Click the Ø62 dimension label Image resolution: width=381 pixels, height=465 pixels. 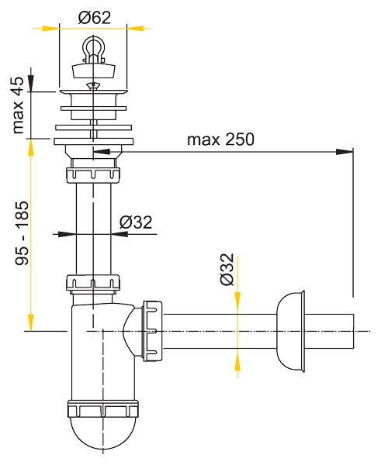click(x=95, y=18)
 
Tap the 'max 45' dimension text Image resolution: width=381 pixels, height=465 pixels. click(x=18, y=105)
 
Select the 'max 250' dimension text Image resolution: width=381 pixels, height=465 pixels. click(x=220, y=139)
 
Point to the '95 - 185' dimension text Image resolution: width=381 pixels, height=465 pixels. click(x=23, y=233)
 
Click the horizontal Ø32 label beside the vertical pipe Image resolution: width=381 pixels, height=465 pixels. click(x=136, y=222)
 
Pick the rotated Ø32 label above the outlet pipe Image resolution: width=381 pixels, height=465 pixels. click(x=227, y=269)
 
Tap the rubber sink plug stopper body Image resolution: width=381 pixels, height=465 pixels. click(x=94, y=71)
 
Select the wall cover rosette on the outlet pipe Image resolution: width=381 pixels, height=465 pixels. click(x=290, y=331)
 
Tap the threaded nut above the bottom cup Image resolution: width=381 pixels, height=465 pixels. click(x=102, y=409)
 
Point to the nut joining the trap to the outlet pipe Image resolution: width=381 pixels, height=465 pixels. click(x=153, y=331)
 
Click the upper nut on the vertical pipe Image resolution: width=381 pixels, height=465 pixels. click(x=93, y=175)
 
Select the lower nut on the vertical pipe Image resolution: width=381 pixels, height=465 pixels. click(x=93, y=283)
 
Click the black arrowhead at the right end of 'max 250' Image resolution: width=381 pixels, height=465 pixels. click(x=345, y=152)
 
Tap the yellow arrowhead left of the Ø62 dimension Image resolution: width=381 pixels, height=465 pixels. click(x=50, y=29)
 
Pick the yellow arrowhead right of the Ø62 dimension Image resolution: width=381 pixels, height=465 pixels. click(x=136, y=29)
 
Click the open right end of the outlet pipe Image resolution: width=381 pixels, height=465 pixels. click(x=353, y=331)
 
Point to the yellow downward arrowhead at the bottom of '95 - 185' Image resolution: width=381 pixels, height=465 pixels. click(x=31, y=322)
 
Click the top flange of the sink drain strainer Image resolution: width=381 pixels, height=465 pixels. click(x=94, y=91)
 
